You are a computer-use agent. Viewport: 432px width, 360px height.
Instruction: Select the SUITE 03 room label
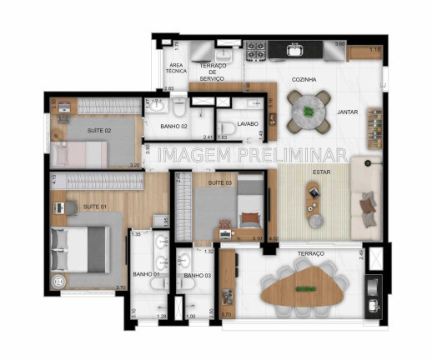coord(220,182)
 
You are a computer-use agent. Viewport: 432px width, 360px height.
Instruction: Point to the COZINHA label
coord(304,80)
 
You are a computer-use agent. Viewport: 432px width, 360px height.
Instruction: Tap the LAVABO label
coord(248,124)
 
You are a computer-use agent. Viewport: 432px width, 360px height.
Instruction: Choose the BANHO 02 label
coord(173,127)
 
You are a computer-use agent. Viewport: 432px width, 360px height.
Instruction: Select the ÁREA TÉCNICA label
coord(176,68)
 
